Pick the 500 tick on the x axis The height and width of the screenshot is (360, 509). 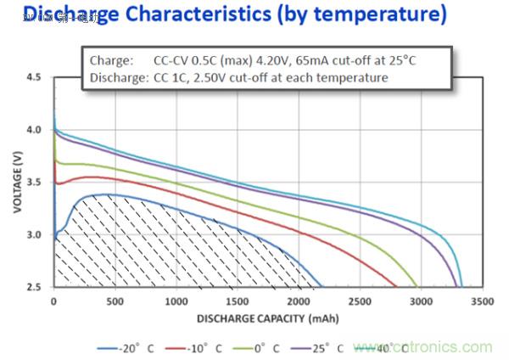(115, 301)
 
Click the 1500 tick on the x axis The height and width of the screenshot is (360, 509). (238, 301)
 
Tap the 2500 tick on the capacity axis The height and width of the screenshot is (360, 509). (361, 301)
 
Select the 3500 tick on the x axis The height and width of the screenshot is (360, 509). (483, 301)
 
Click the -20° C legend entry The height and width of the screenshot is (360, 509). (128, 348)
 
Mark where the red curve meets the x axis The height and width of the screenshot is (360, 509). (396, 287)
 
